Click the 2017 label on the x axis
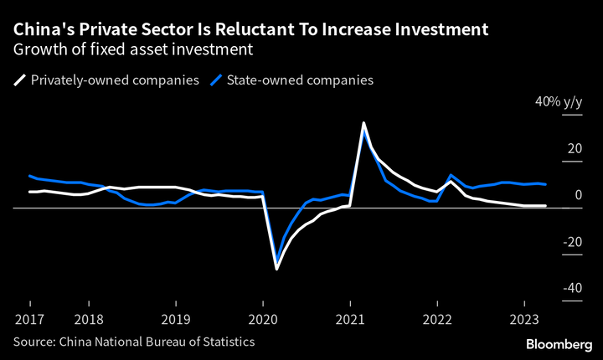click(29, 320)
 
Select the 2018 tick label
click(88, 320)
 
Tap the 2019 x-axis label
click(175, 320)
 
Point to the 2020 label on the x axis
click(263, 320)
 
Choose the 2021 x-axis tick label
click(350, 320)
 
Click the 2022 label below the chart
click(437, 320)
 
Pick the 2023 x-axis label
click(524, 320)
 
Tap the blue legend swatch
click(215, 80)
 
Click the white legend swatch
click(18, 80)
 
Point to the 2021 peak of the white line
click(363, 123)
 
